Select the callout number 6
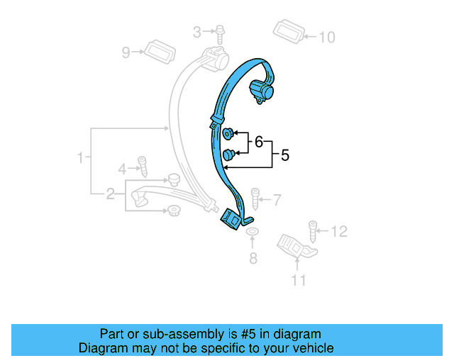(259, 142)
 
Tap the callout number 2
(111, 194)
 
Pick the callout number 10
(326, 37)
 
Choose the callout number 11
(299, 281)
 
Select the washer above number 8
(253, 232)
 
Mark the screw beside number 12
(313, 230)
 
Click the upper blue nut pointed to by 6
(228, 133)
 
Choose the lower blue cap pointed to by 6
(228, 155)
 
